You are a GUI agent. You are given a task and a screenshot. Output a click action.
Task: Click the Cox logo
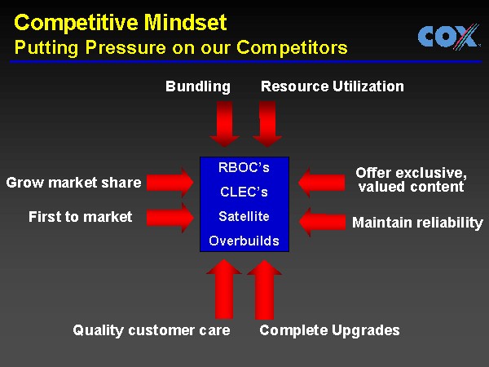pyautogui.click(x=447, y=37)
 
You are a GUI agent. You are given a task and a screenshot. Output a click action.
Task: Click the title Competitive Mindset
pyautogui.click(x=121, y=21)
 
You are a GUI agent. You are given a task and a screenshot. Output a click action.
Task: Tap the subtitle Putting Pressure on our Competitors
pyautogui.click(x=181, y=47)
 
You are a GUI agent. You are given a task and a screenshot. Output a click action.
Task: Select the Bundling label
pyautogui.click(x=198, y=86)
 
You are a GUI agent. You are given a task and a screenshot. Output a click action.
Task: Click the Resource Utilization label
pyautogui.click(x=332, y=86)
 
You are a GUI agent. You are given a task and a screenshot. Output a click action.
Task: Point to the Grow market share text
pyautogui.click(x=73, y=183)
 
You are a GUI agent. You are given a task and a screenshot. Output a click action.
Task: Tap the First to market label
pyautogui.click(x=80, y=217)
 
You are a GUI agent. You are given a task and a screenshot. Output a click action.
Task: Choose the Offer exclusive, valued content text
pyautogui.click(x=411, y=180)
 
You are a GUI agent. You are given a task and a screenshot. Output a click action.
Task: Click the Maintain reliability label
pyautogui.click(x=417, y=223)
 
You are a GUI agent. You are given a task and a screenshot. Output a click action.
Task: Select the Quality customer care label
pyautogui.click(x=152, y=330)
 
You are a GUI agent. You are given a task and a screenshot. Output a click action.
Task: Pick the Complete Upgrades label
pyautogui.click(x=329, y=330)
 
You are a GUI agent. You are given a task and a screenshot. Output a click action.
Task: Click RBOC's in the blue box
pyautogui.click(x=244, y=168)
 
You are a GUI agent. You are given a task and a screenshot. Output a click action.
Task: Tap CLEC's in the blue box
pyautogui.click(x=244, y=192)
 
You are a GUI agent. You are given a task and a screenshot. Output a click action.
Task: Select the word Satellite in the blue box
pyautogui.click(x=244, y=217)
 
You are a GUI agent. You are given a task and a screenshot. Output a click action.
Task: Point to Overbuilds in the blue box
pyautogui.click(x=244, y=241)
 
